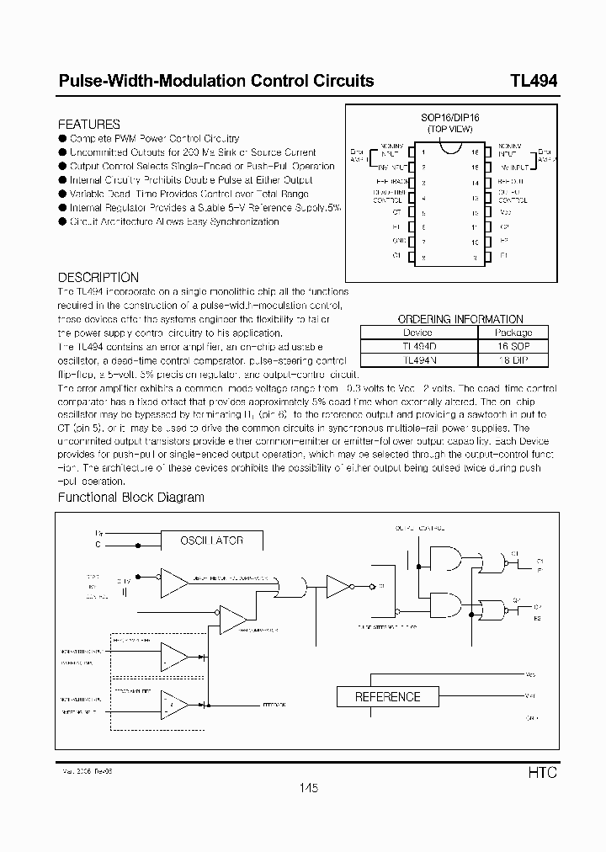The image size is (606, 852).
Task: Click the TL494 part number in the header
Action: [533, 82]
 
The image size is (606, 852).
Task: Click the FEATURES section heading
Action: [88, 124]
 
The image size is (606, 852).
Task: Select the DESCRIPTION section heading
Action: [98, 277]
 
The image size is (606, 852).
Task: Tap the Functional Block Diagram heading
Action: [130, 497]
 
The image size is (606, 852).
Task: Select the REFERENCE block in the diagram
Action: [387, 697]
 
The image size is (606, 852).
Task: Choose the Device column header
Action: [417, 333]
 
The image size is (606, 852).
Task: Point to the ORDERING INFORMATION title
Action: [460, 319]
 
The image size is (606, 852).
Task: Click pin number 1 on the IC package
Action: [423, 152]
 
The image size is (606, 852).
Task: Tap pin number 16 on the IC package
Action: [475, 152]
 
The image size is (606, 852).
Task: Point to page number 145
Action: [307, 788]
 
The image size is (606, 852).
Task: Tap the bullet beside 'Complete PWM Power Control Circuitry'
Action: [62, 138]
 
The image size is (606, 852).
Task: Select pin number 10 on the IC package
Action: [475, 242]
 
